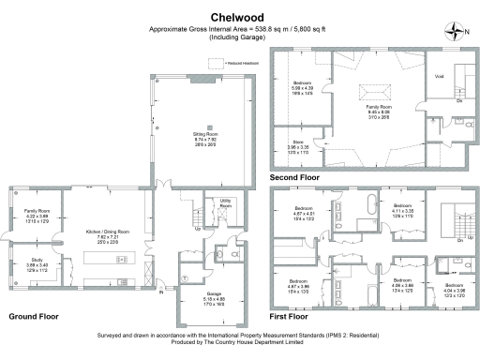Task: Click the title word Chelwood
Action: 236,17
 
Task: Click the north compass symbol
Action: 457,30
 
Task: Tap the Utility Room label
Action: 225,202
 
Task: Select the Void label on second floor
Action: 438,76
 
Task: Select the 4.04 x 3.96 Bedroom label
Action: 454,287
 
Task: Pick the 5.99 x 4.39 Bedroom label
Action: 303,86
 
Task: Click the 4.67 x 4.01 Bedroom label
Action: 303,209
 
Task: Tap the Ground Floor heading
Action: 34,317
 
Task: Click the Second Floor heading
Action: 296,176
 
